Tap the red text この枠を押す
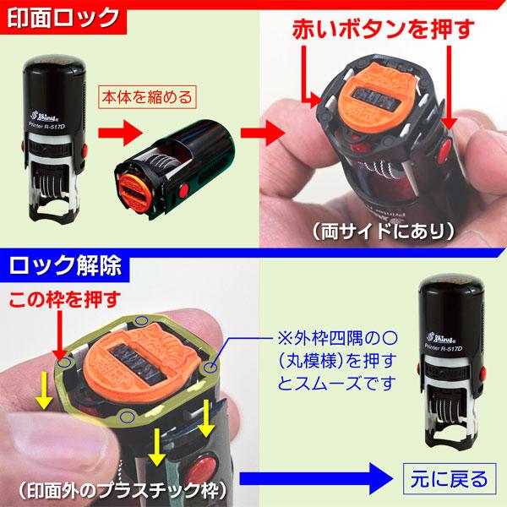pyautogui.click(x=63, y=298)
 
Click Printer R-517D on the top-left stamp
pyautogui.click(x=48, y=123)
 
